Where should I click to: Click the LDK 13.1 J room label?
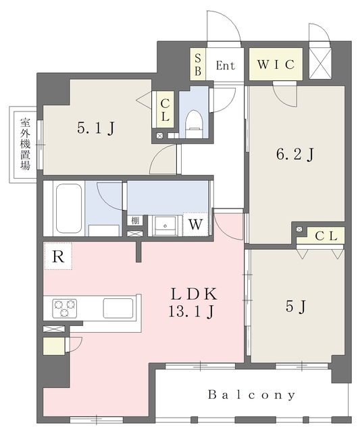click(192, 303)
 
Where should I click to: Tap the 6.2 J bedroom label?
click(295, 155)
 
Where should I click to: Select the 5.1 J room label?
click(96, 128)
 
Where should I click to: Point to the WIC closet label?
click(276, 65)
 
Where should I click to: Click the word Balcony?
click(252, 395)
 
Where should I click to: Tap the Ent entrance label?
click(225, 65)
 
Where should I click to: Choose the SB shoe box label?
click(198, 65)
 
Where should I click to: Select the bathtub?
click(69, 209)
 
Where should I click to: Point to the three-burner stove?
click(65, 307)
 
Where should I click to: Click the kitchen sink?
click(118, 308)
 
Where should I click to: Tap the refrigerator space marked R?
click(58, 256)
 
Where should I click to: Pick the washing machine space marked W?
click(196, 224)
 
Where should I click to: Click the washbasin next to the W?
click(165, 226)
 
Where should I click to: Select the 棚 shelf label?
click(135, 221)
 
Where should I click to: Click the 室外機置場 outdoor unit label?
click(25, 144)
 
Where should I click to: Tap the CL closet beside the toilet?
click(165, 109)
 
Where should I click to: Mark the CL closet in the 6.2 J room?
click(326, 236)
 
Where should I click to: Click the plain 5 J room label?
click(296, 306)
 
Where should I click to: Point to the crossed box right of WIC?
click(319, 63)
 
